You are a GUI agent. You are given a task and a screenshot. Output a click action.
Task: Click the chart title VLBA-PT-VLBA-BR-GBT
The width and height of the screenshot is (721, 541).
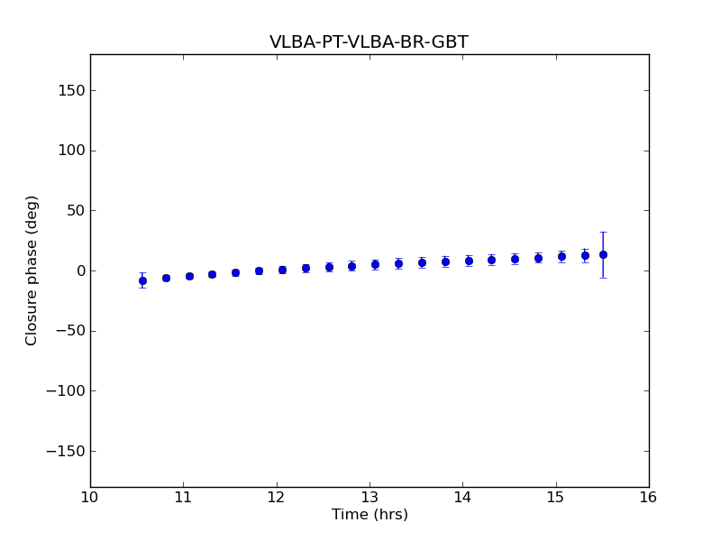click(369, 42)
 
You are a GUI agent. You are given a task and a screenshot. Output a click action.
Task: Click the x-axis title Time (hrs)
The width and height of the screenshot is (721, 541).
click(370, 515)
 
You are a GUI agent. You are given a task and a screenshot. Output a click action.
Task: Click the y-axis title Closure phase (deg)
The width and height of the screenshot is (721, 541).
click(32, 270)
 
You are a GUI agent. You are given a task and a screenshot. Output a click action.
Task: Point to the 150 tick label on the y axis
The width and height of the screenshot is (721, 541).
click(71, 90)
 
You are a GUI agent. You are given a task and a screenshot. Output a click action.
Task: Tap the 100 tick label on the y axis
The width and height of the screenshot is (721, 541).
click(71, 151)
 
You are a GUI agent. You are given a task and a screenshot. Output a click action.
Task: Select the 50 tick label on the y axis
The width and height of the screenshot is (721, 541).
click(75, 211)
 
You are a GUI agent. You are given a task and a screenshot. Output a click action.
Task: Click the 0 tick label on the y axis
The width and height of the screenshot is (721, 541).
click(79, 270)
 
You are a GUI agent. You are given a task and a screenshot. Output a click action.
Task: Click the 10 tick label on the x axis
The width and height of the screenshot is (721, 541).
click(90, 498)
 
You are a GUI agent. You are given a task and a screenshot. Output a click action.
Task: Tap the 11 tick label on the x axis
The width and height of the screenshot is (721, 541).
click(183, 498)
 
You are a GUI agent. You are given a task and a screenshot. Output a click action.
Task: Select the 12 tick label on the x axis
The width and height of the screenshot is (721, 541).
click(277, 498)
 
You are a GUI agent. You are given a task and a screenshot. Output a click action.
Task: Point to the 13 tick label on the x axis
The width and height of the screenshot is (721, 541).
click(370, 498)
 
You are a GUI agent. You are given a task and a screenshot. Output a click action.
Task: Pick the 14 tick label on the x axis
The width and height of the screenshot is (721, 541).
click(462, 498)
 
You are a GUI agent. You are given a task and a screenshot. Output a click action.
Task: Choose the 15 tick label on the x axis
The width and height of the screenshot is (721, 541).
click(556, 498)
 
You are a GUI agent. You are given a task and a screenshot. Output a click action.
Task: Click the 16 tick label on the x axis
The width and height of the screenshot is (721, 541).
click(649, 498)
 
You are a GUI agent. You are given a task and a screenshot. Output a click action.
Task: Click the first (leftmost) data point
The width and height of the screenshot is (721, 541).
click(142, 280)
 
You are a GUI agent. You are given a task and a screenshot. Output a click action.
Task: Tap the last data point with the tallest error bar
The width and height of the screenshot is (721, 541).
click(603, 254)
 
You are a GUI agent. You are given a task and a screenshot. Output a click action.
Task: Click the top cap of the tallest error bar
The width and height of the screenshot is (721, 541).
click(603, 232)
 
